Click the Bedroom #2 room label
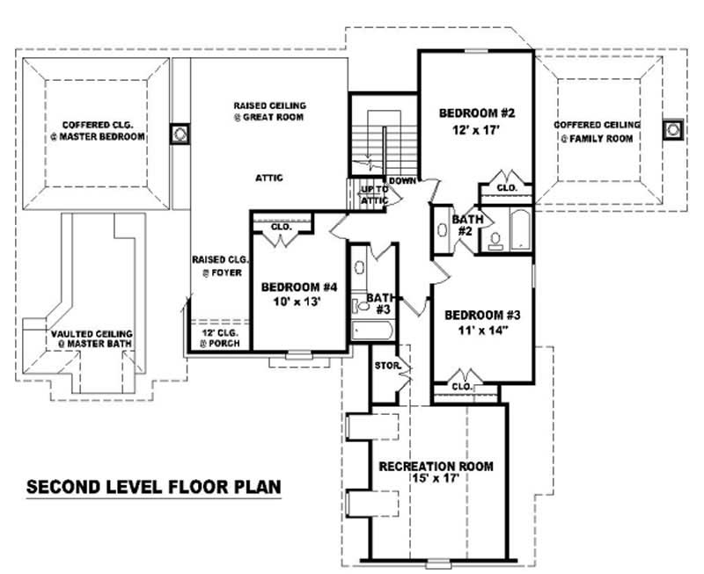(476, 113)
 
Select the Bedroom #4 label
(301, 287)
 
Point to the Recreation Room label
(436, 466)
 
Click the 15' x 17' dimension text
(436, 479)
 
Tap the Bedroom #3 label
(482, 316)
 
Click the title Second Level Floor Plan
(154, 485)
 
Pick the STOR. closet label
(388, 364)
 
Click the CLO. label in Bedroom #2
(506, 187)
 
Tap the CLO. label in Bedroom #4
(281, 226)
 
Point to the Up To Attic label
(374, 195)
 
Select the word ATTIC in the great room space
(269, 178)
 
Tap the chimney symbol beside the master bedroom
(179, 134)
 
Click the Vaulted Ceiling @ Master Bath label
(92, 338)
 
